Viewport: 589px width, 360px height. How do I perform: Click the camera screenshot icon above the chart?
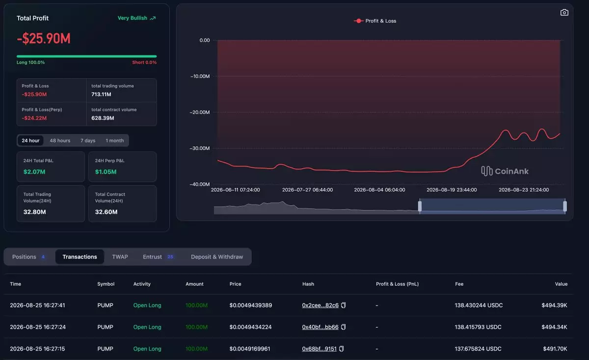tap(564, 13)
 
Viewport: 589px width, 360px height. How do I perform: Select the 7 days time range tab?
tap(88, 141)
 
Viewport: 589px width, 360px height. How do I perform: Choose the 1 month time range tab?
tap(115, 141)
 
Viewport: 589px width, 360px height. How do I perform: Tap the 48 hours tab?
tap(60, 141)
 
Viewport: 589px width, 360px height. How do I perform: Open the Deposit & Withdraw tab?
tap(217, 257)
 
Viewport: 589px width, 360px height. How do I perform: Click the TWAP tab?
tap(120, 257)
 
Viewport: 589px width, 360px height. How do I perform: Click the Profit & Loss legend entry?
tap(375, 21)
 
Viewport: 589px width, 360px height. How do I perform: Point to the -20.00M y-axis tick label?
tap(200, 112)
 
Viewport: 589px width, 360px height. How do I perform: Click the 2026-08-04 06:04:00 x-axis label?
tap(379, 190)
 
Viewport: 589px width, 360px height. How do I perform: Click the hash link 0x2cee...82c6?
tap(320, 306)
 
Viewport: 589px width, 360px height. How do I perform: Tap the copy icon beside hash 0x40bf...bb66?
tap(343, 327)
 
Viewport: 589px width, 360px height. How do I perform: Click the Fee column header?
tap(459, 284)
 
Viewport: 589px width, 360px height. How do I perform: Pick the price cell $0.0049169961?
tap(250, 349)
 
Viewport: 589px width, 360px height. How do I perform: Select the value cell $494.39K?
tap(554, 306)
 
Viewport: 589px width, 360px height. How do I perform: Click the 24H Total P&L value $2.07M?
tap(34, 172)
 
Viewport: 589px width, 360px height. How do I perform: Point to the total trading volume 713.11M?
tap(101, 94)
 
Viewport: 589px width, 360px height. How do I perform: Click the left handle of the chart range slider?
tap(420, 206)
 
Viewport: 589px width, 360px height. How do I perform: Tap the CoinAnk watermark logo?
tap(505, 171)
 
